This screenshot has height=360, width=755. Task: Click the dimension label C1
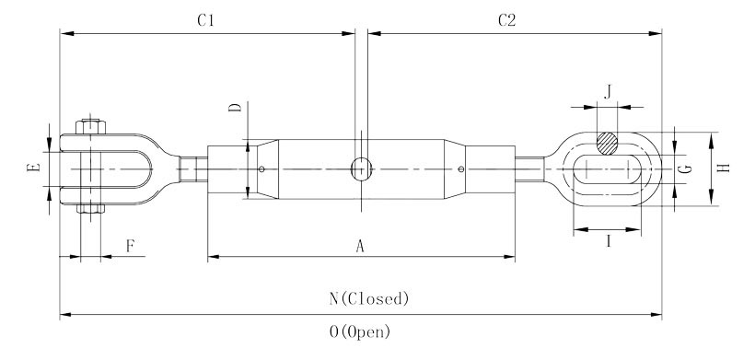pyautogui.click(x=205, y=20)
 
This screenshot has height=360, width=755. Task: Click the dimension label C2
pyautogui.click(x=507, y=20)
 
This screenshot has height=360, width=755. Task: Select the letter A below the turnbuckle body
pyautogui.click(x=360, y=247)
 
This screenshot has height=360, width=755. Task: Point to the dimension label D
pyautogui.click(x=235, y=107)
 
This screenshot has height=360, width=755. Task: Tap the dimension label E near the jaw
pyautogui.click(x=33, y=168)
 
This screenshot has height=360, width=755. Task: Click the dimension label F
pyautogui.click(x=130, y=246)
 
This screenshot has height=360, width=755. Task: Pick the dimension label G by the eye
pyautogui.click(x=688, y=168)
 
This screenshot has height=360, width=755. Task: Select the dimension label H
pyautogui.click(x=724, y=168)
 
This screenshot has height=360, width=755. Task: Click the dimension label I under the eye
pyautogui.click(x=608, y=241)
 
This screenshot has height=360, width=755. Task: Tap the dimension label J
pyautogui.click(x=608, y=91)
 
